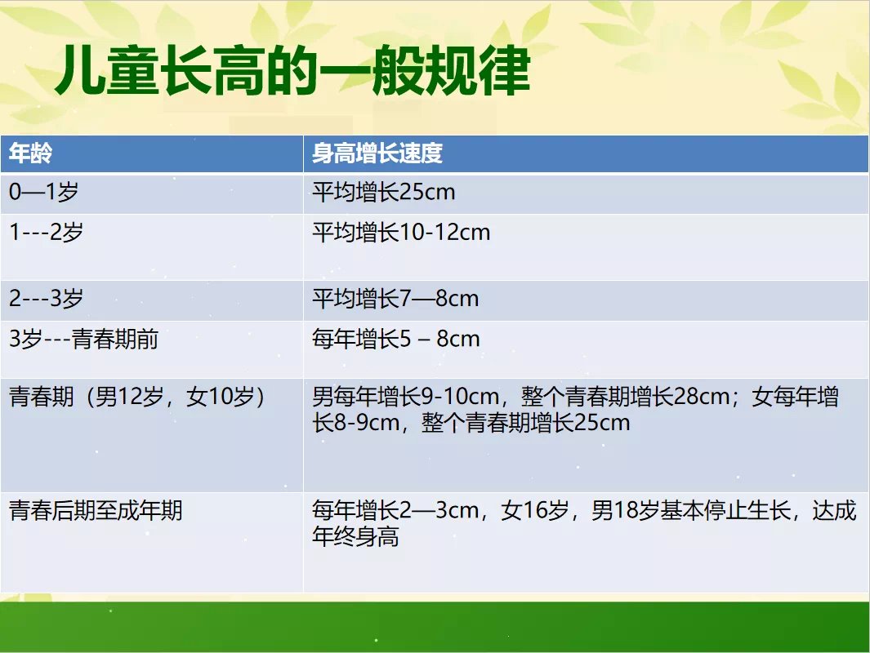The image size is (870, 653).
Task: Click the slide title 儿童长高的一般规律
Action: click(x=293, y=70)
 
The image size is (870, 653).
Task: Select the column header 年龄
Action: click(x=31, y=153)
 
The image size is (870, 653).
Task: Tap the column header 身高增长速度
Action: click(x=377, y=153)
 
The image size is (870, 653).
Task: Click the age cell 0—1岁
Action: click(x=44, y=192)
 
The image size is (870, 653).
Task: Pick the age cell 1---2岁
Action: click(x=46, y=232)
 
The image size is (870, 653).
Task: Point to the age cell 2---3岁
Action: click(x=46, y=298)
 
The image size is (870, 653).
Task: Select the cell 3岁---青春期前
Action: click(x=84, y=339)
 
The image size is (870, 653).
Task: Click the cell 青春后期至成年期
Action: click(x=96, y=510)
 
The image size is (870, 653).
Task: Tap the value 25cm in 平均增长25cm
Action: click(x=427, y=193)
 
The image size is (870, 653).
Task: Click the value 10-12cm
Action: click(x=445, y=233)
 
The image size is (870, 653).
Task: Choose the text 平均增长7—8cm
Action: click(x=395, y=298)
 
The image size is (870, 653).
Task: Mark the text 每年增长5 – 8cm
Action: click(x=395, y=339)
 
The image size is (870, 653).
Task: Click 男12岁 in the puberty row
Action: click(x=130, y=397)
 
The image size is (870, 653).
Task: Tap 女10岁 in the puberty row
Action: click(x=221, y=397)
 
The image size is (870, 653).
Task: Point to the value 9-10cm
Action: click(x=460, y=397)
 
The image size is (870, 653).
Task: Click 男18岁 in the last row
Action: click(x=625, y=510)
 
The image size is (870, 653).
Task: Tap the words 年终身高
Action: click(x=355, y=536)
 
